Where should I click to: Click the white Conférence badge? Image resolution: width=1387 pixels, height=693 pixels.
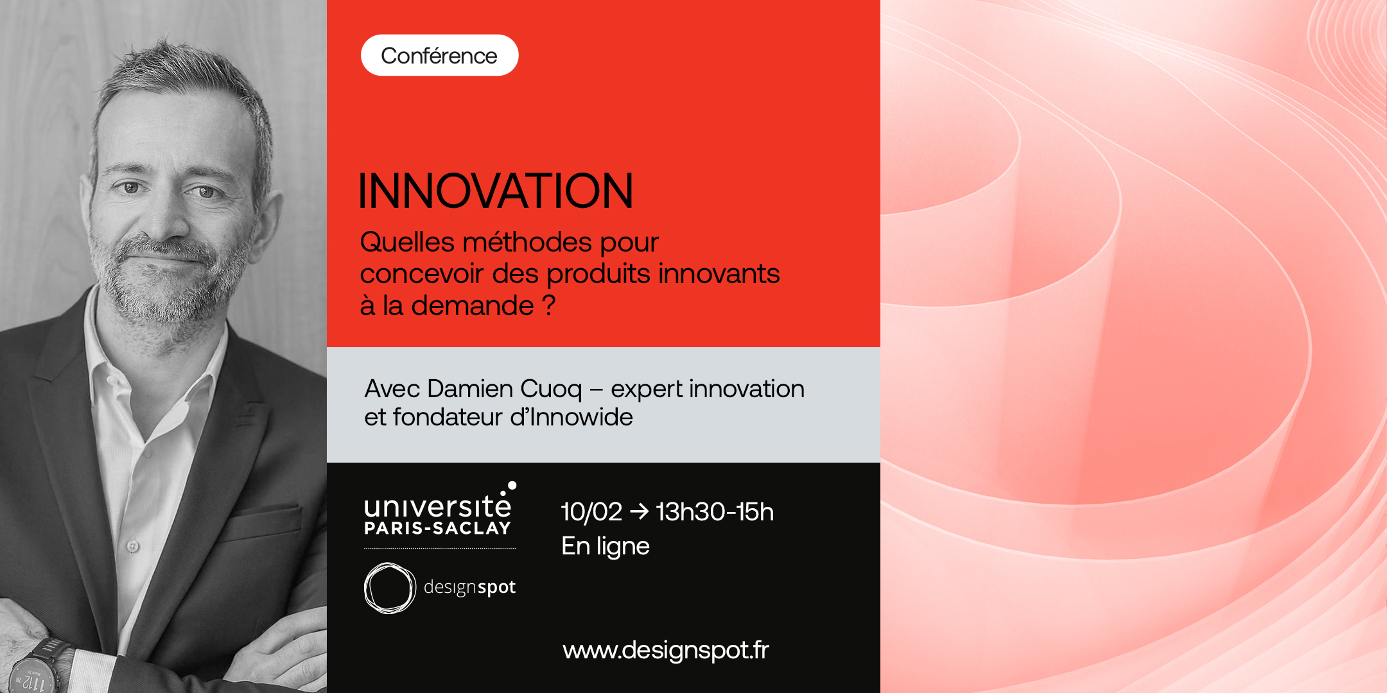[439, 55]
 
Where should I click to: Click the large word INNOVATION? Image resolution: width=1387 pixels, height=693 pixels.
[496, 191]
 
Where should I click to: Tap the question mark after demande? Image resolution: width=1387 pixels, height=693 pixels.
[548, 305]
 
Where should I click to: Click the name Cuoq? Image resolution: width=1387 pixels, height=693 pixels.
[551, 389]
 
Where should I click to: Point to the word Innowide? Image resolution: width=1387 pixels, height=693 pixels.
[581, 417]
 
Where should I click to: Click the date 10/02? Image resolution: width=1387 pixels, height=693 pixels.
[591, 512]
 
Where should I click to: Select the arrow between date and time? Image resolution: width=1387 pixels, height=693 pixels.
[639, 511]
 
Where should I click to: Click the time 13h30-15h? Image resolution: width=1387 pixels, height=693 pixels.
[715, 512]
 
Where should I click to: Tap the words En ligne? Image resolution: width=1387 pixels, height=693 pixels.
[606, 547]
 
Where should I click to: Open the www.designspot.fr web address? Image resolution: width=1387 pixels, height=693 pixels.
[666, 651]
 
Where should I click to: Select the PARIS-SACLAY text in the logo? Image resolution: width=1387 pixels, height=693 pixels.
[437, 528]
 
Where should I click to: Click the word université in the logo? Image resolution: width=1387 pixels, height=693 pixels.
[437, 506]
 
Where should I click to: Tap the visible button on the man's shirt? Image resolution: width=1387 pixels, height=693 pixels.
[133, 546]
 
